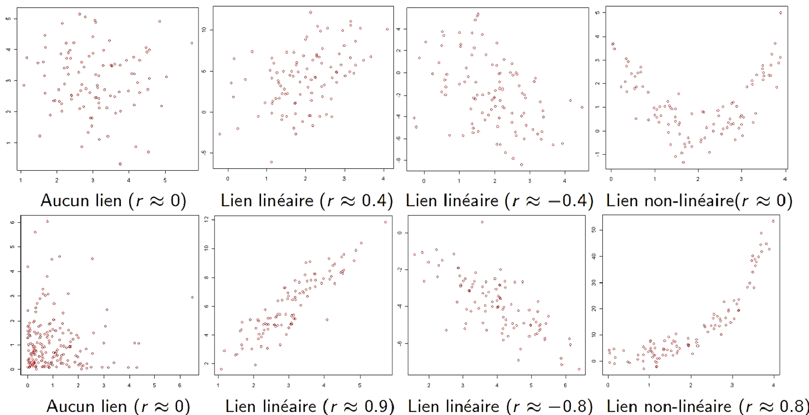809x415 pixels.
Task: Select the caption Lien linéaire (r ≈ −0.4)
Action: pos(499,200)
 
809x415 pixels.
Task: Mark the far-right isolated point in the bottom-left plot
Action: pos(192,297)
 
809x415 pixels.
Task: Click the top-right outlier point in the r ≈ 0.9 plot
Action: pos(385,222)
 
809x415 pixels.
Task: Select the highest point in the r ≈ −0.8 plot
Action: pos(482,222)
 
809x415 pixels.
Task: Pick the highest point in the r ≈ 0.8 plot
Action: pos(773,221)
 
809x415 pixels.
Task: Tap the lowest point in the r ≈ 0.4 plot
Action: pos(271,162)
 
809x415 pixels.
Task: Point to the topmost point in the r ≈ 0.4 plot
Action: pos(310,12)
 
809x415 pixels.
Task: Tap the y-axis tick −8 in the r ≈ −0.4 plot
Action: pos(412,160)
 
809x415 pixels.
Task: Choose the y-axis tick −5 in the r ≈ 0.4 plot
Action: pos(217,153)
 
